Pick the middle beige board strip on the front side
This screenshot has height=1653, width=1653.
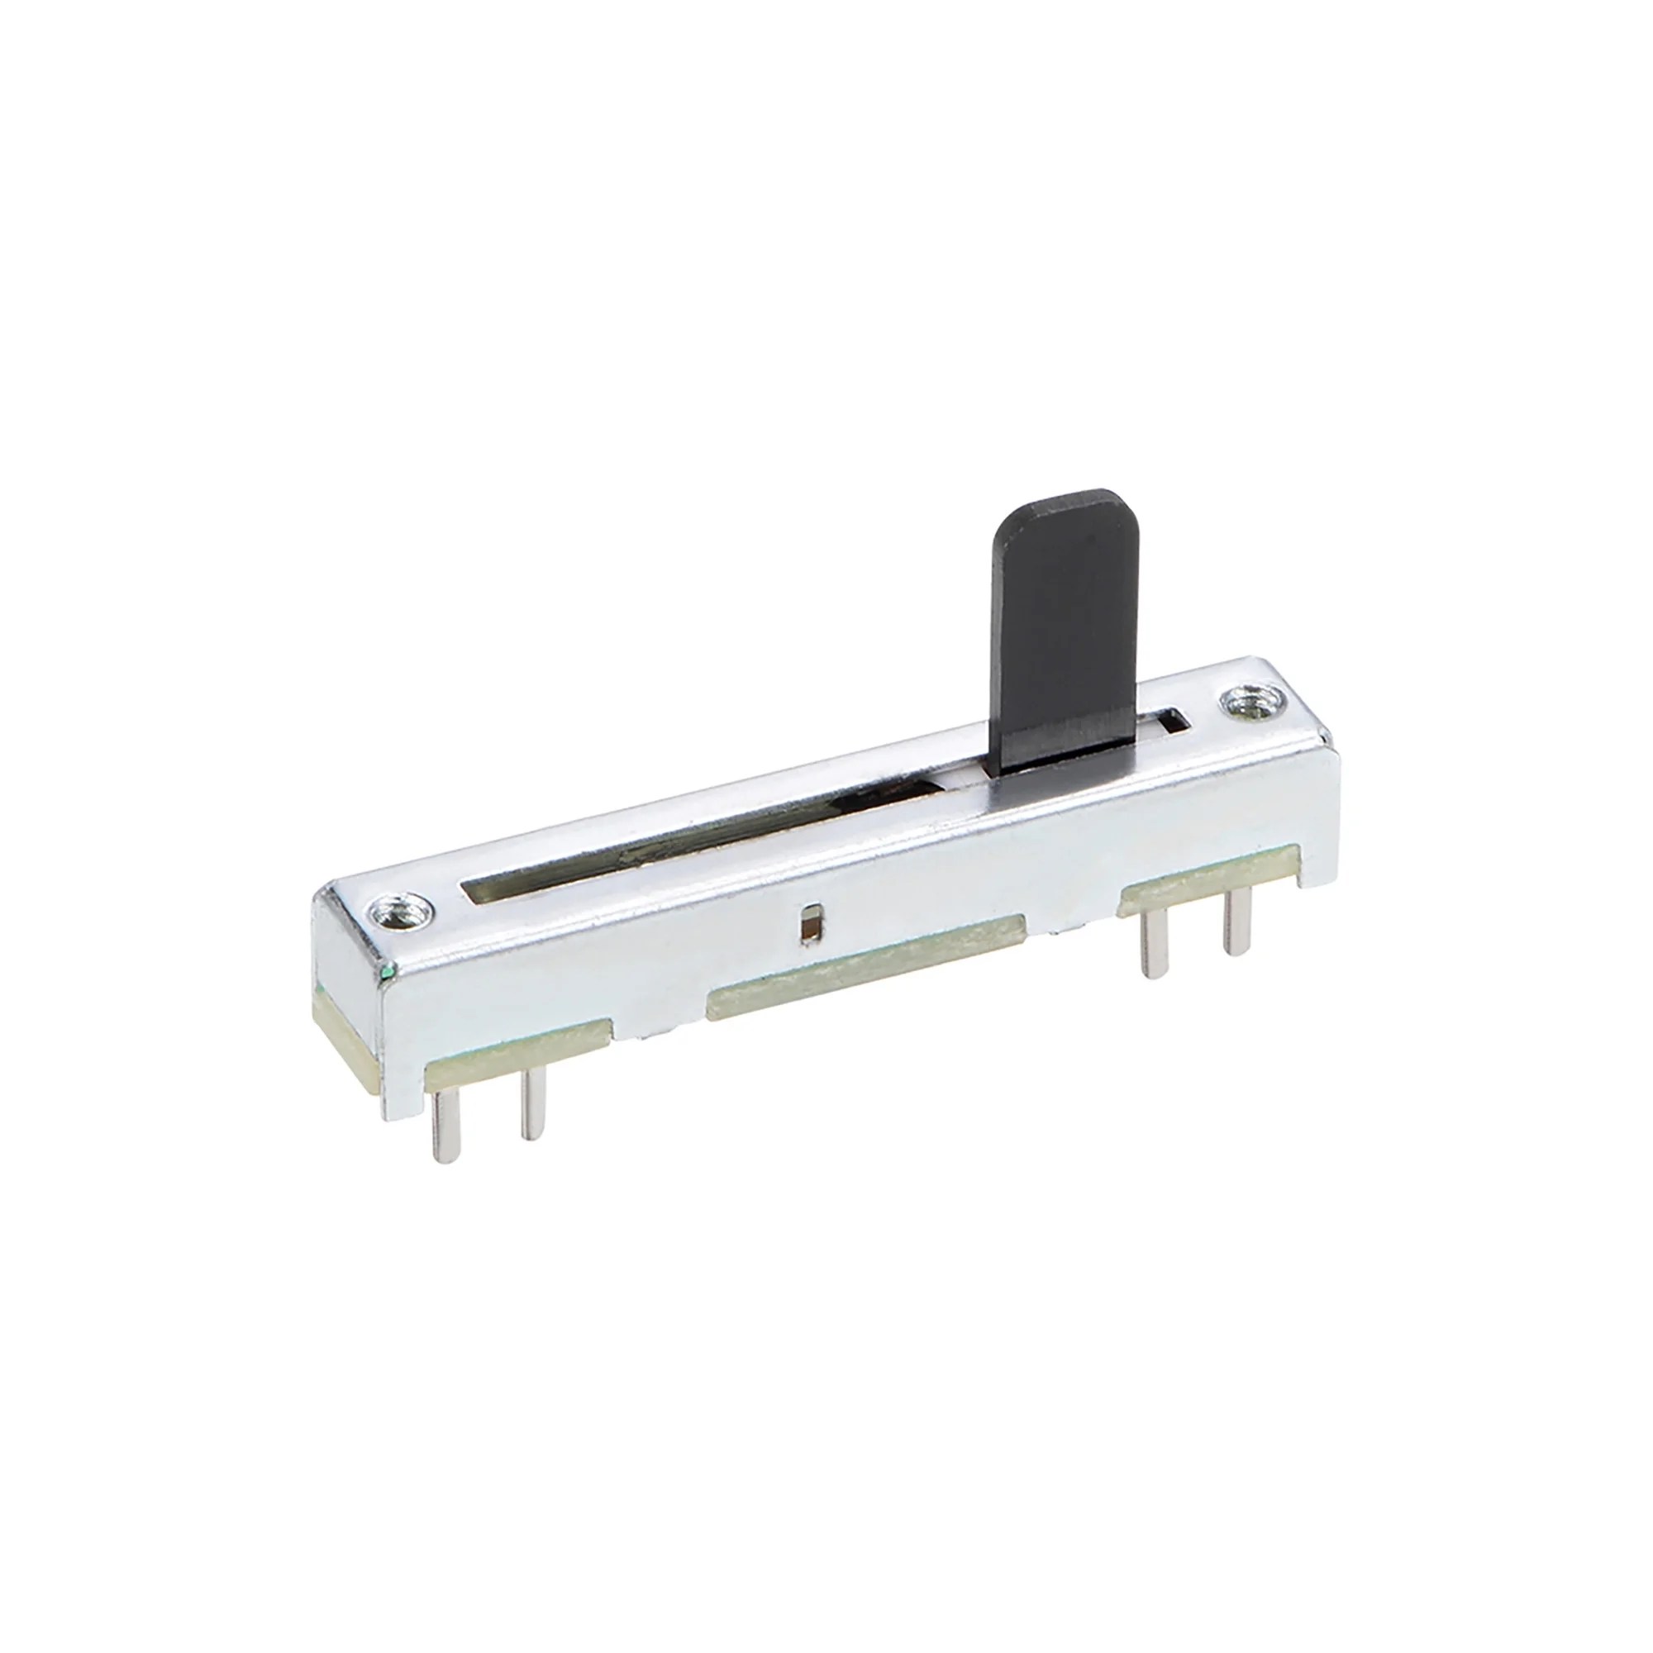865,967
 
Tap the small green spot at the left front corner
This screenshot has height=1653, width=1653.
389,972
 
